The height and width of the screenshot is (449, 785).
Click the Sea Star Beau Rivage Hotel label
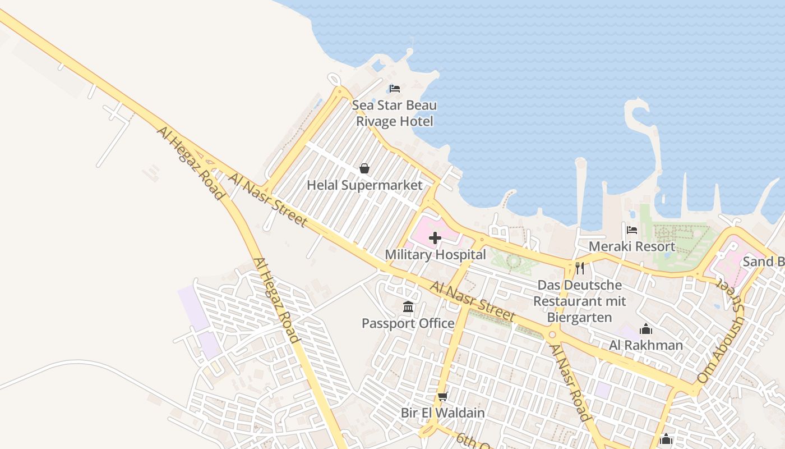pyautogui.click(x=394, y=113)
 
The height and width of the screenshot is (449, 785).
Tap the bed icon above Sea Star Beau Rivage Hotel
pyautogui.click(x=394, y=89)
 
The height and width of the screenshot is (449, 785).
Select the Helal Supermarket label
pyautogui.click(x=364, y=185)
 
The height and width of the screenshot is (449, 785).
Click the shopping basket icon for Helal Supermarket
pyautogui.click(x=364, y=168)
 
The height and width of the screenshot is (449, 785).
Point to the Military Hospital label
pyautogui.click(x=435, y=255)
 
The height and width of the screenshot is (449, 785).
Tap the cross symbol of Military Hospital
pyautogui.click(x=435, y=238)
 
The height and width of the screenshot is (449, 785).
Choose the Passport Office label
pyautogui.click(x=408, y=323)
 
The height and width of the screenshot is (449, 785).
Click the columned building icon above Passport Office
pyautogui.click(x=408, y=307)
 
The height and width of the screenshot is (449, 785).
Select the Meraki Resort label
pyautogui.click(x=632, y=246)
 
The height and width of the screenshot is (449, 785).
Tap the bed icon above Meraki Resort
pyautogui.click(x=632, y=230)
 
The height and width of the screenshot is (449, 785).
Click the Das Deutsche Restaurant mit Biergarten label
pyautogui.click(x=579, y=301)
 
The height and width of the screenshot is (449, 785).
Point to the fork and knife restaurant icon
pyautogui.click(x=580, y=268)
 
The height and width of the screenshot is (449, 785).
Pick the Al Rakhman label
pyautogui.click(x=646, y=345)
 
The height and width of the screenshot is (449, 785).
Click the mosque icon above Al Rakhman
pyautogui.click(x=646, y=329)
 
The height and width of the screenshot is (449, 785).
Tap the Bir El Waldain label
pyautogui.click(x=442, y=413)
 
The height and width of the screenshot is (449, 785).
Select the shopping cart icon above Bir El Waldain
pyautogui.click(x=442, y=397)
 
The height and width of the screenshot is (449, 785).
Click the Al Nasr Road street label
pyautogui.click(x=570, y=382)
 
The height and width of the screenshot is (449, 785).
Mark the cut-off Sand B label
pyautogui.click(x=763, y=262)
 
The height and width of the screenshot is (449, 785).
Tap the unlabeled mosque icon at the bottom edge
pyautogui.click(x=666, y=439)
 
